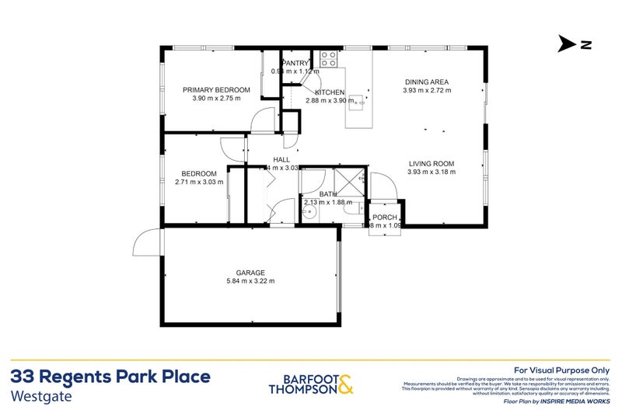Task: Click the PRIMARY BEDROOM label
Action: tap(211, 90)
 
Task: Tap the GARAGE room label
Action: tap(250, 273)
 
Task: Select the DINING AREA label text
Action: tap(426, 82)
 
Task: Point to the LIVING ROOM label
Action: tap(430, 163)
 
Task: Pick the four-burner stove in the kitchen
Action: tap(327, 57)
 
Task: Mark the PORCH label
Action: tap(384, 217)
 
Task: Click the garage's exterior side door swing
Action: tap(145, 243)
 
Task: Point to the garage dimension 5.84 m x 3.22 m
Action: tap(250, 281)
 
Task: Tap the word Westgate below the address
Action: tap(40, 395)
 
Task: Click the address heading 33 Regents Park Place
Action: tap(110, 377)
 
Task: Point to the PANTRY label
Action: tap(295, 63)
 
